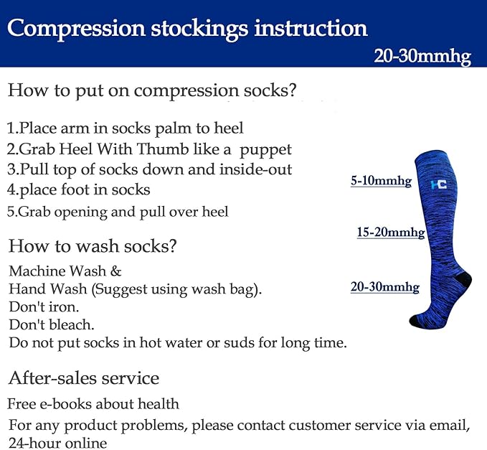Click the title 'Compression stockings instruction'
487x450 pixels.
pyautogui.click(x=187, y=29)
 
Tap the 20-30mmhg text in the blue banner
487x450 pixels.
pyautogui.click(x=422, y=57)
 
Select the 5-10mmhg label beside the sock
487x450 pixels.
pyautogui.click(x=381, y=182)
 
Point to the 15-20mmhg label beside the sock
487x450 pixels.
pyautogui.click(x=391, y=233)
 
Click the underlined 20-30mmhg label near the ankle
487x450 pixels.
pyautogui.click(x=384, y=287)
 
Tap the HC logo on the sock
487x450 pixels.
pyautogui.click(x=438, y=184)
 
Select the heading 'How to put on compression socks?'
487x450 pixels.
pyautogui.click(x=152, y=90)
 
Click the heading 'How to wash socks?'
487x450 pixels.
pyautogui.click(x=93, y=246)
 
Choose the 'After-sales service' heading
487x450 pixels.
pyautogui.click(x=84, y=378)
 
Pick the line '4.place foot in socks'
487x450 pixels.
pyautogui.click(x=79, y=190)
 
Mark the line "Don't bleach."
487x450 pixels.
pyautogui.click(x=51, y=324)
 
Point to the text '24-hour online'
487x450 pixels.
pyautogui.click(x=57, y=443)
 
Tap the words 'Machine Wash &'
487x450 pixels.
pyautogui.click(x=65, y=271)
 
